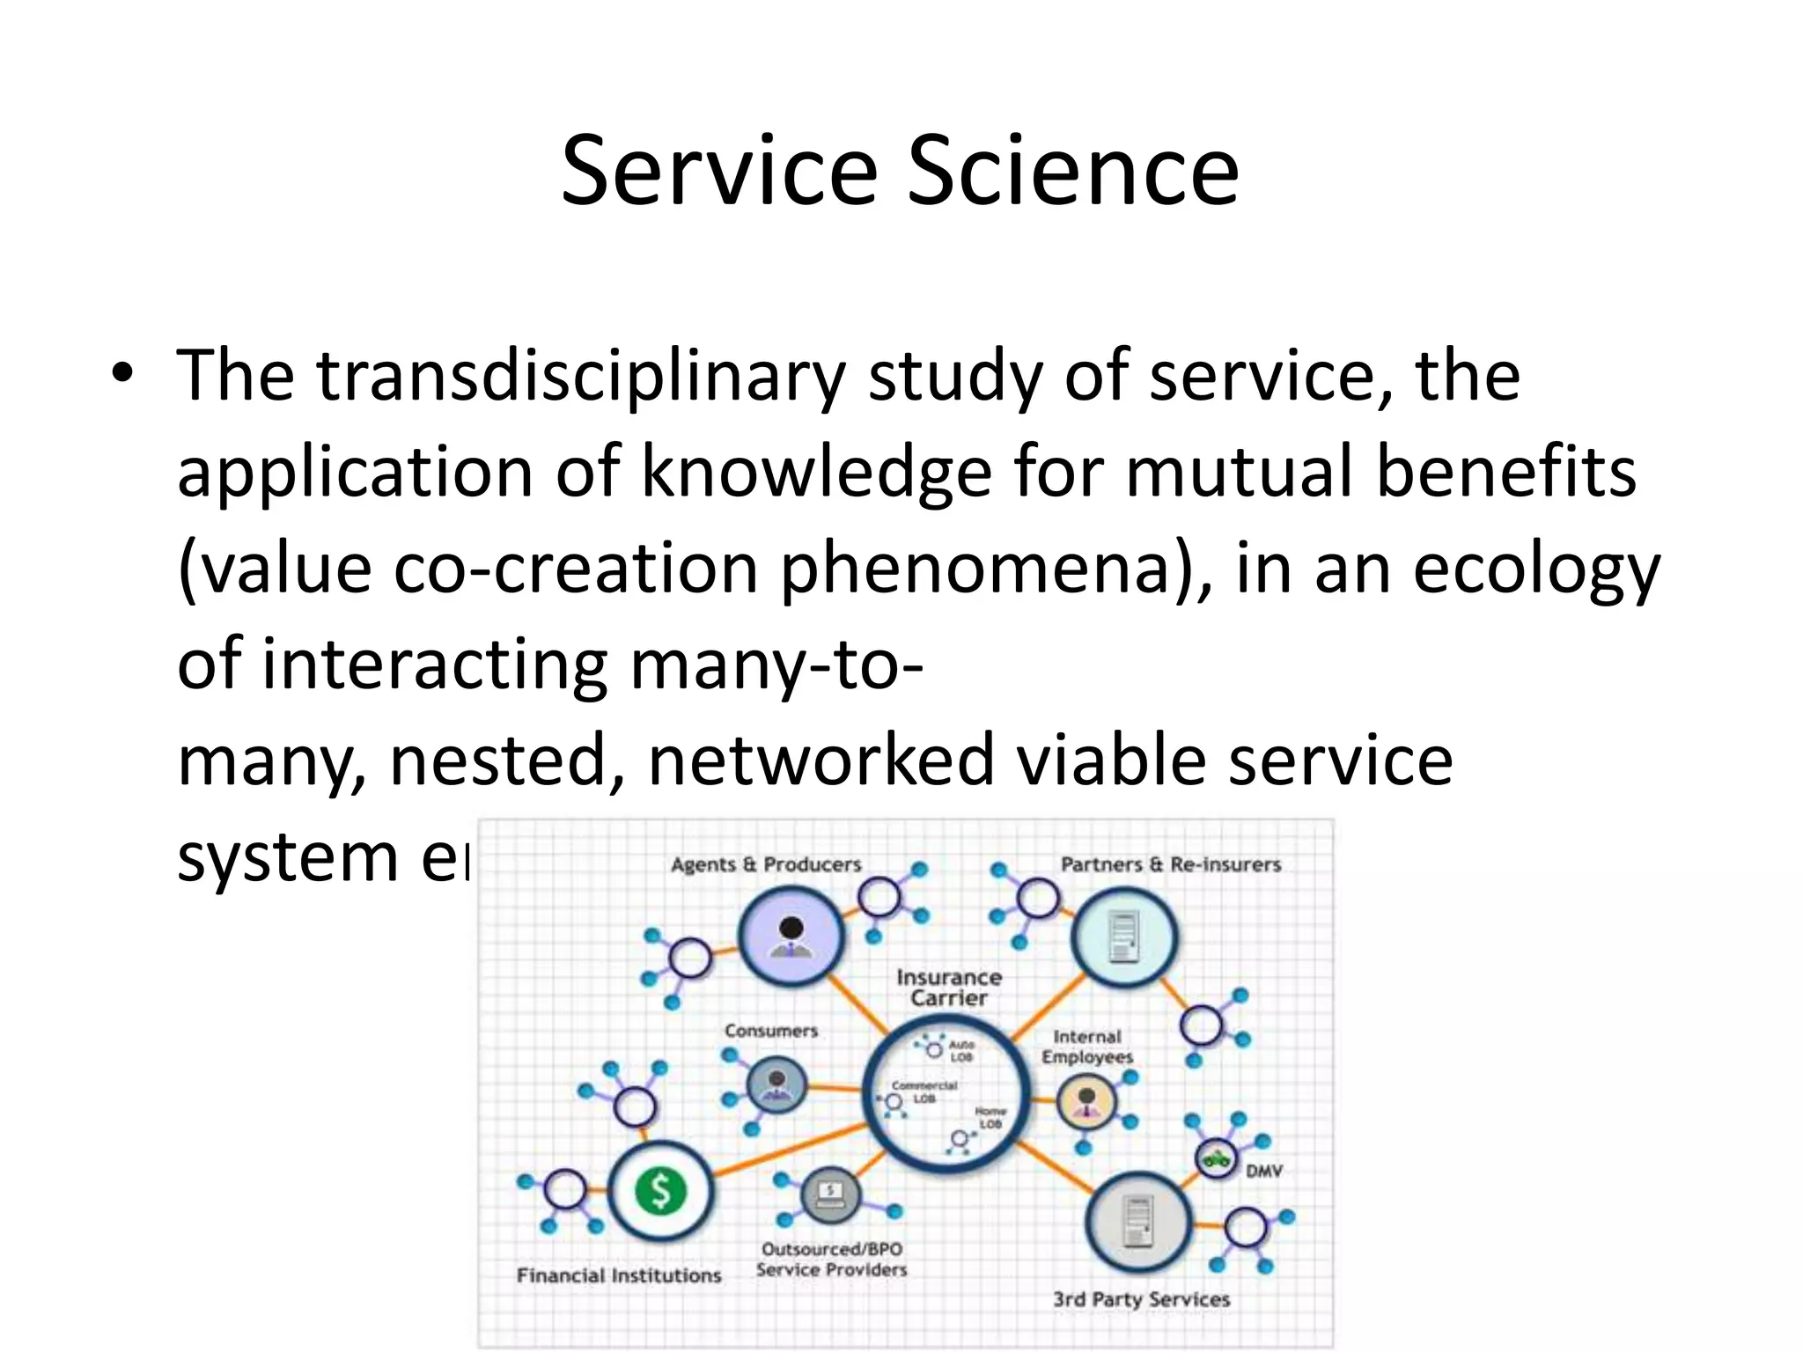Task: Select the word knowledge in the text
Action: point(816,473)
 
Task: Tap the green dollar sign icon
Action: point(660,1192)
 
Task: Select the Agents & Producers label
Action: point(765,864)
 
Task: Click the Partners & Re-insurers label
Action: point(1170,864)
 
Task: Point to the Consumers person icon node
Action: point(776,1084)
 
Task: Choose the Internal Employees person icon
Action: point(1086,1101)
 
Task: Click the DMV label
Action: point(1264,1172)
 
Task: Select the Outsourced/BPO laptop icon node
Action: point(830,1195)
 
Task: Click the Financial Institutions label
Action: point(618,1275)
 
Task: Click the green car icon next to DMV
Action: point(1217,1158)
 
